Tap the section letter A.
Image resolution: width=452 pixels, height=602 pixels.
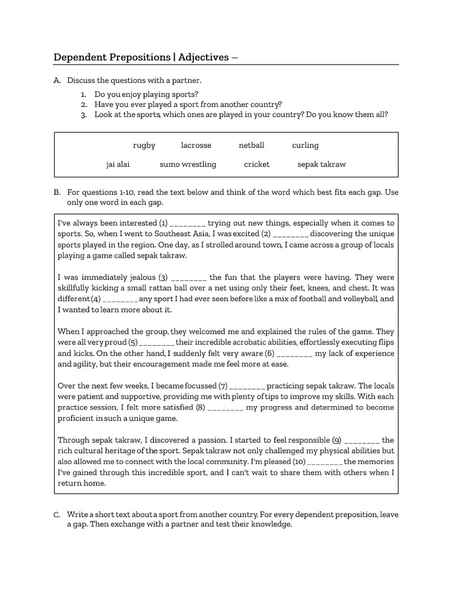(x=57, y=80)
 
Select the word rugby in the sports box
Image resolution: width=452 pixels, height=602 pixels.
(x=144, y=145)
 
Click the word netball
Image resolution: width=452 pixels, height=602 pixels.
(x=251, y=145)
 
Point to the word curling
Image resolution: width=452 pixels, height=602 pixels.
(x=305, y=145)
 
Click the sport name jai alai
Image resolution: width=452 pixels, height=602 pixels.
(x=118, y=165)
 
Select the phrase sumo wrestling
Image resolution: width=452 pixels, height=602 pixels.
(x=188, y=165)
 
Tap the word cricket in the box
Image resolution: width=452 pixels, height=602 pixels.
(x=257, y=165)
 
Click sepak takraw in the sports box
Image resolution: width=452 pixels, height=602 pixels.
(x=321, y=165)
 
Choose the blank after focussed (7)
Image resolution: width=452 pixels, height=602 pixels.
(x=248, y=386)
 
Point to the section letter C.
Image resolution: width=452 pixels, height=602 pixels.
(x=57, y=515)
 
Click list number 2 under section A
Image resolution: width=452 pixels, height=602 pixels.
(x=84, y=105)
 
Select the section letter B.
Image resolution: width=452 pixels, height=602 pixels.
(x=57, y=192)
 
